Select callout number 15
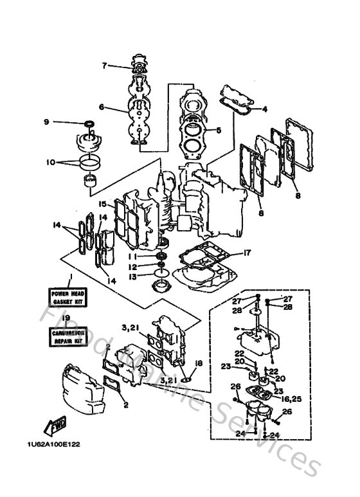tap(102, 204)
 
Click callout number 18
tap(199, 363)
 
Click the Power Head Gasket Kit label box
tap(67, 297)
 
